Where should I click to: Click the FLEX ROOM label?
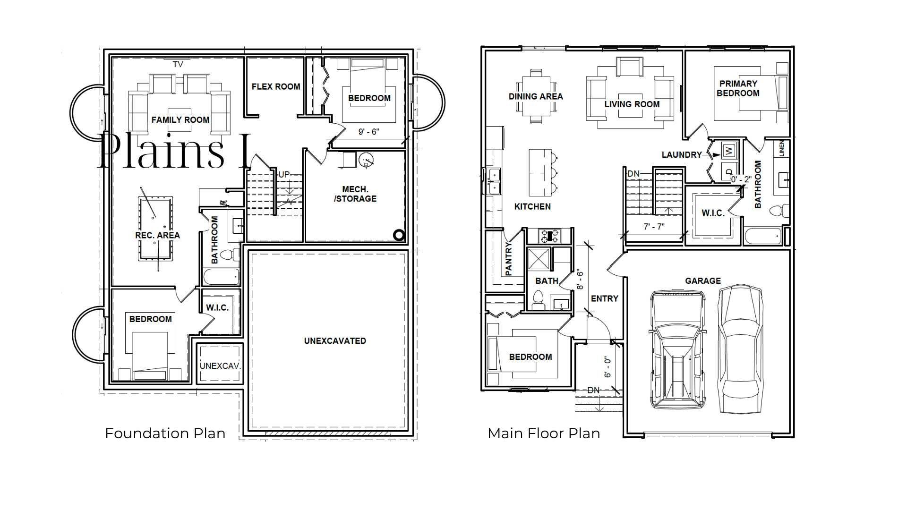point(276,87)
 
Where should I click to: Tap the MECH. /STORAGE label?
point(355,194)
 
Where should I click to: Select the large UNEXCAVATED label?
point(335,340)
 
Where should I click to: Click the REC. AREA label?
point(157,235)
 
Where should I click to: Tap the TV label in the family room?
point(178,64)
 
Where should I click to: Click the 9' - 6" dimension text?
point(368,132)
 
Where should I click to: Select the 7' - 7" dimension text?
point(654,227)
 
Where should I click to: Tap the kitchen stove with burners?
point(549,236)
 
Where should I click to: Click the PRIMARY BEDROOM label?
point(738,88)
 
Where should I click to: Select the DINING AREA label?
point(536,96)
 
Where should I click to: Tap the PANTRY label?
point(509,259)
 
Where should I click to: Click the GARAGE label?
point(703,280)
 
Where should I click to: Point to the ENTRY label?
point(605,298)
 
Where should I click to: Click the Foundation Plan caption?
point(165,433)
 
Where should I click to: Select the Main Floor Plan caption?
point(544,433)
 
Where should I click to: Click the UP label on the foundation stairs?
point(284,174)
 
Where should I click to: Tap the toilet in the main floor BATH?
point(538,300)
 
